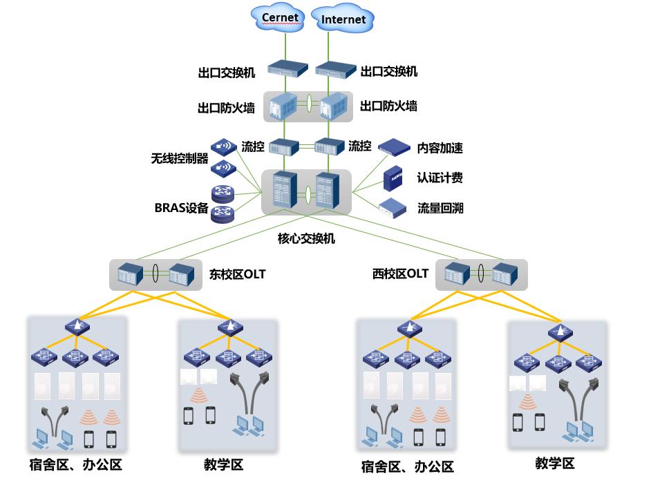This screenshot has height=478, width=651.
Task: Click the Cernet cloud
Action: pos(280,18)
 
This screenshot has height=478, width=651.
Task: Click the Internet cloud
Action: pos(343,19)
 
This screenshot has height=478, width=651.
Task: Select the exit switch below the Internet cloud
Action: pos(335,69)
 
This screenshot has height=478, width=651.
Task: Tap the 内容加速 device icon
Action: pos(393,146)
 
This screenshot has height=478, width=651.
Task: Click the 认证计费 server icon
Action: pos(393,178)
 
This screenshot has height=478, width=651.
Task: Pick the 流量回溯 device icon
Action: pos(393,207)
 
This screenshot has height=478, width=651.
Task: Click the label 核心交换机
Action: pos(306,238)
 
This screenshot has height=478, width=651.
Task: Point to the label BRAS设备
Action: pos(181,208)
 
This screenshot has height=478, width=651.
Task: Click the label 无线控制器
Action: pos(180,158)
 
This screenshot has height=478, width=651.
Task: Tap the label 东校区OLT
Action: pos(237,274)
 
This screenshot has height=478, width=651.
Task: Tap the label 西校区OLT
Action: pos(400,274)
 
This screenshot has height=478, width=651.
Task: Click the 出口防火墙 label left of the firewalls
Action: pos(226,108)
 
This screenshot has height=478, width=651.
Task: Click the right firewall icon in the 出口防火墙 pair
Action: pos(333,106)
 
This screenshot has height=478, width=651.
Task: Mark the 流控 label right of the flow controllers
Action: pos(360,146)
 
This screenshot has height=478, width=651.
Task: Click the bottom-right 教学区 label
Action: pos(555,463)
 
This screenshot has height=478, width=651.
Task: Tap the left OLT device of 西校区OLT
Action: pos(457,274)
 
